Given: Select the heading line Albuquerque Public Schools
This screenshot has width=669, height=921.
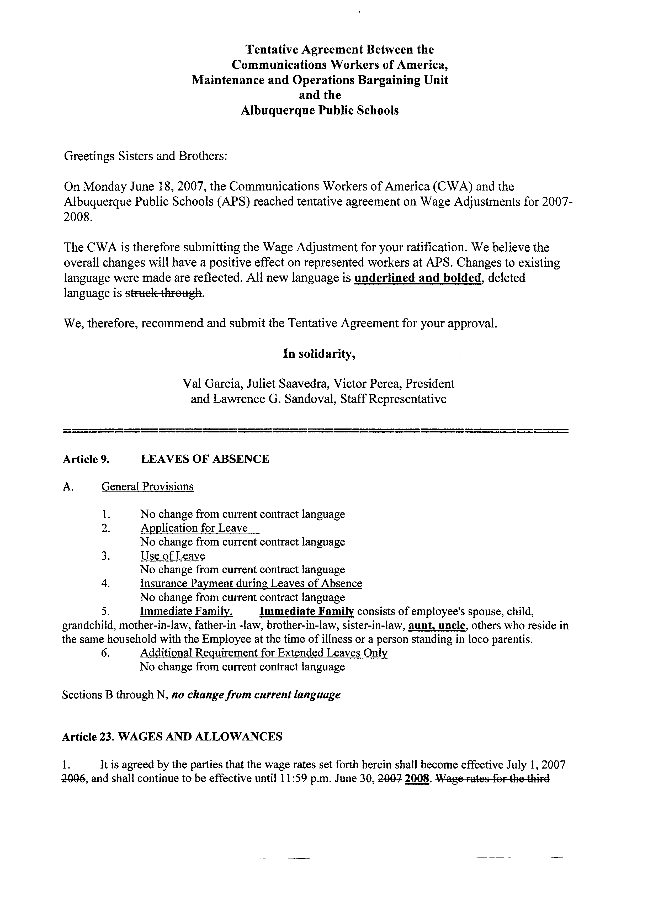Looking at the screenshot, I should coord(320,110).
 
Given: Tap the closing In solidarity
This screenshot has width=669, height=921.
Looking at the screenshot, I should coord(320,354).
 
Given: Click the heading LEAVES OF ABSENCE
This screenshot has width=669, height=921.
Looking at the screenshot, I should coord(205,459).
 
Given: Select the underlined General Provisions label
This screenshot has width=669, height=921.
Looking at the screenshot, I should coord(147,487).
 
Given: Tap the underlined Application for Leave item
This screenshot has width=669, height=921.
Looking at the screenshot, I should coord(194,528).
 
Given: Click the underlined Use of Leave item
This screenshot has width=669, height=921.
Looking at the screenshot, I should coord(173,556).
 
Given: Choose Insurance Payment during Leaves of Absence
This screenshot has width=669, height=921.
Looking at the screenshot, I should coord(251,584).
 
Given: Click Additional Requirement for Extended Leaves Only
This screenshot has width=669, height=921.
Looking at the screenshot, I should coord(263,653).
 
